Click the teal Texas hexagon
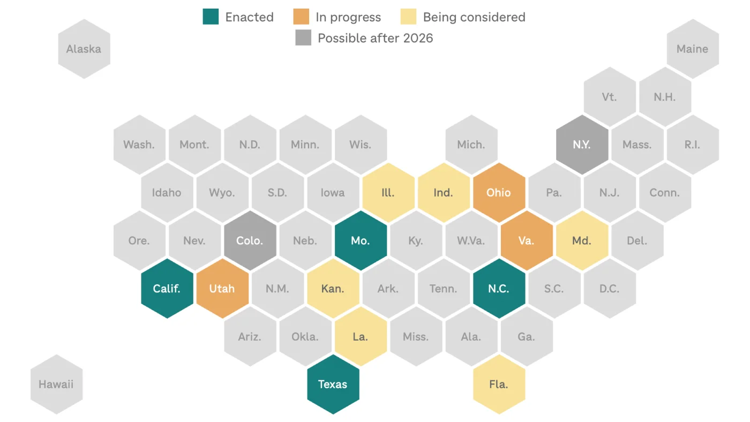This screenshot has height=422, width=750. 333,385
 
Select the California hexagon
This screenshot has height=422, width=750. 167,289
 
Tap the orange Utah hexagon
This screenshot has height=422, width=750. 222,289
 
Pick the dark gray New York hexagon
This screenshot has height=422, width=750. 582,145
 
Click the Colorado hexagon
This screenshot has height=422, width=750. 250,240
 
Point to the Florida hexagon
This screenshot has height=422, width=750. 499,385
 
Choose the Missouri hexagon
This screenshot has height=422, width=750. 361,240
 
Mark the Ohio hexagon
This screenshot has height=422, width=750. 499,193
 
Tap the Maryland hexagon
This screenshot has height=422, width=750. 582,240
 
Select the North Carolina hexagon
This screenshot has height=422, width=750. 499,289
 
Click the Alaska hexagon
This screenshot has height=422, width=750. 84,49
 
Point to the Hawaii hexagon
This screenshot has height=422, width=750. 56,385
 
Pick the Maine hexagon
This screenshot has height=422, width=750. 692,49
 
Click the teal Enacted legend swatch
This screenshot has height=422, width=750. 211,17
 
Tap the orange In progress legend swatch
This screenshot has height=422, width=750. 301,17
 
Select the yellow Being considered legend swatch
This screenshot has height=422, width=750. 408,17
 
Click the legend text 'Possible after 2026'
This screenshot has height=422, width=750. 375,38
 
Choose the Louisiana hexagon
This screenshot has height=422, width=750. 361,337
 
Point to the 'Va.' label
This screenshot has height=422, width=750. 527,240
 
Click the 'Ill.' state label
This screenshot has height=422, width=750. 388,193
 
